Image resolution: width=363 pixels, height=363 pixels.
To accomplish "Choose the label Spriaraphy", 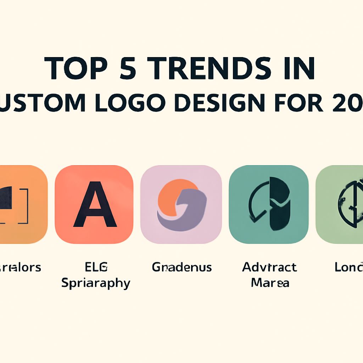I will coord(95,283).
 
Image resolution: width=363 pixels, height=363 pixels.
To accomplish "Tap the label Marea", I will coord(270,283).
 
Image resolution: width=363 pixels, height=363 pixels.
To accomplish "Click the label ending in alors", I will coord(20,267).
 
